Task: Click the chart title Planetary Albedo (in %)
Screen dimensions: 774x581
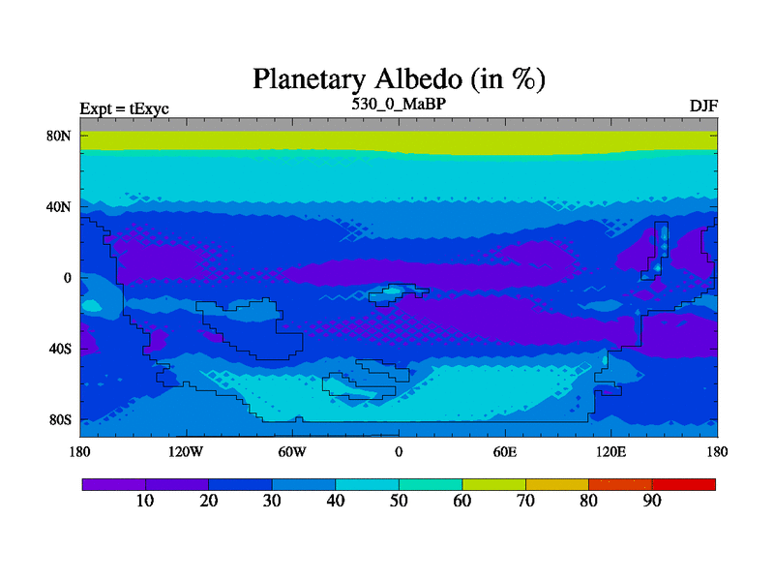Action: coord(399,79)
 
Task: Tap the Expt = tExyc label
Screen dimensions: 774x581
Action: coord(125,108)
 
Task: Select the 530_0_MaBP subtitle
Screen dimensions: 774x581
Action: coord(399,105)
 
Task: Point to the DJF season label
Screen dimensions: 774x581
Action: coord(703,107)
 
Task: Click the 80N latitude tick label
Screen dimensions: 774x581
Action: coord(59,136)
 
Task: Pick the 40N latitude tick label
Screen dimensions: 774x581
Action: coord(59,207)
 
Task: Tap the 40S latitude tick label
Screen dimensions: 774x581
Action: coord(60,350)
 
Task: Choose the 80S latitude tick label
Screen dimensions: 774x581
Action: coord(60,420)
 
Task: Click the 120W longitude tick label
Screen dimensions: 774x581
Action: coord(186,452)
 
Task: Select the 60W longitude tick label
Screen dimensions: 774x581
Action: coord(292,452)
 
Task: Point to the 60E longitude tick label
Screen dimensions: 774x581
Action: coord(505,452)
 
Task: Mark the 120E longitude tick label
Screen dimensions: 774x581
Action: coord(611,452)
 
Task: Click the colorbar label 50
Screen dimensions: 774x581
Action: coord(399,501)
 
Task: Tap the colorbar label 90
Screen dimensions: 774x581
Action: coord(652,501)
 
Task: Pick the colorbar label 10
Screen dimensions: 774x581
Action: coord(145,501)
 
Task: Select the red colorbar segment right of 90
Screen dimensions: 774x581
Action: coord(684,485)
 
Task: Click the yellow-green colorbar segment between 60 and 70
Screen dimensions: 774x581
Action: coord(494,485)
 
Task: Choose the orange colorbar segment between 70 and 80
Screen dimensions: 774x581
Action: coord(557,485)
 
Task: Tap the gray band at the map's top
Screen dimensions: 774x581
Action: coord(399,125)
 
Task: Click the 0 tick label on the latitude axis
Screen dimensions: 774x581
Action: coord(67,278)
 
